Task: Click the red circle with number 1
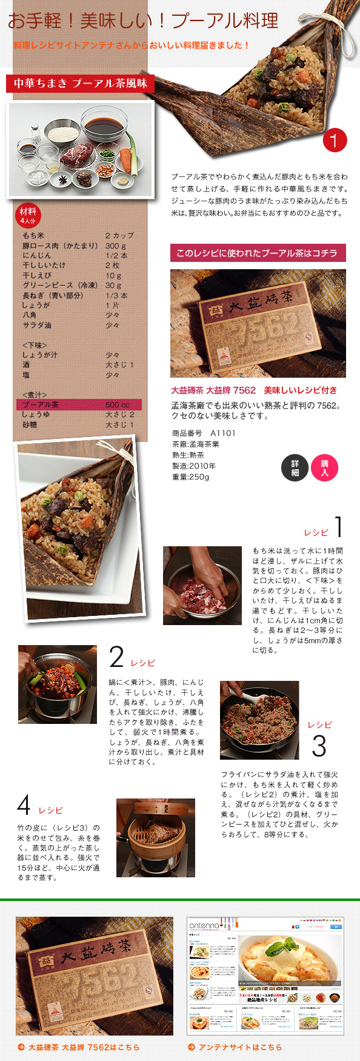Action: pyautogui.click(x=334, y=140)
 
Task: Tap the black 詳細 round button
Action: pyautogui.click(x=295, y=467)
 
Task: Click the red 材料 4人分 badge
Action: pyautogui.click(x=27, y=216)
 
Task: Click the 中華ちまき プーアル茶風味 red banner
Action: pyautogui.click(x=80, y=84)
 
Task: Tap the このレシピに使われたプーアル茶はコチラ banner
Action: pyautogui.click(x=258, y=253)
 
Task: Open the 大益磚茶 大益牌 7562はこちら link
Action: pyautogui.click(x=83, y=1047)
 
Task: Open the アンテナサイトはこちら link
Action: pyautogui.click(x=239, y=1047)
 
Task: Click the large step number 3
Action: pyautogui.click(x=319, y=746)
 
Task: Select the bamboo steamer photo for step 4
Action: pyautogui.click(x=155, y=837)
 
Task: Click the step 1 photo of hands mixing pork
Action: pyautogui.click(x=202, y=585)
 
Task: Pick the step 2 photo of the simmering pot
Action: pyautogui.click(x=58, y=684)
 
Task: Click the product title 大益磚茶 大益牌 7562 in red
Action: pyautogui.click(x=213, y=390)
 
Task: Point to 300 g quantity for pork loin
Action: pyautogui.click(x=115, y=246)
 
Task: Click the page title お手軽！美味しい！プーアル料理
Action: pyautogui.click(x=143, y=21)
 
